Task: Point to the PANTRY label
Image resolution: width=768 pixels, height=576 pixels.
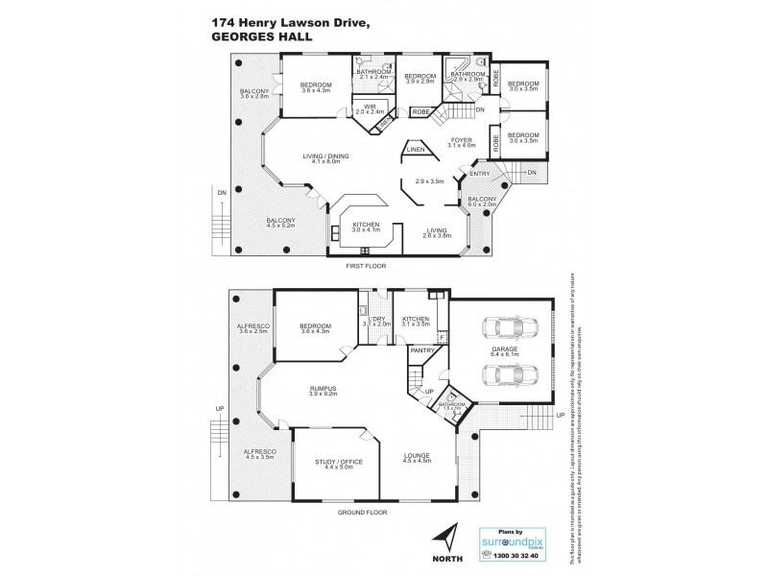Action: pyautogui.click(x=421, y=351)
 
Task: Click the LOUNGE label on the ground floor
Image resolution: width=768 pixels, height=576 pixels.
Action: pyautogui.click(x=415, y=455)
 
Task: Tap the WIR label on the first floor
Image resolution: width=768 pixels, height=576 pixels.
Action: pyautogui.click(x=369, y=107)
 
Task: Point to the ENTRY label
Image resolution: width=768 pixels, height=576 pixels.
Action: pyautogui.click(x=479, y=174)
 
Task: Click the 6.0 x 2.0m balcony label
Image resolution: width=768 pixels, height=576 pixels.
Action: pyautogui.click(x=482, y=203)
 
